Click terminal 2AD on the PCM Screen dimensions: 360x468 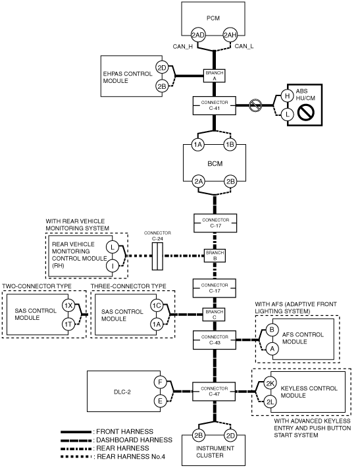pyautogui.click(x=198, y=36)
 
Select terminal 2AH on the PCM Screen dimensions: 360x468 pyautogui.click(x=230, y=36)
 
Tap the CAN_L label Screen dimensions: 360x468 pyautogui.click(x=244, y=46)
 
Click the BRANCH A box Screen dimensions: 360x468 pyautogui.click(x=215, y=76)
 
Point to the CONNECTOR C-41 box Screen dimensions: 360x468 pyautogui.click(x=215, y=105)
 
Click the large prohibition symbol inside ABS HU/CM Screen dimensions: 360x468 pyautogui.click(x=306, y=113)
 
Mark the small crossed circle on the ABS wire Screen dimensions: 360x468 pyautogui.click(x=255, y=105)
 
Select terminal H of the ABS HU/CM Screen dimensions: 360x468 pyautogui.click(x=287, y=96)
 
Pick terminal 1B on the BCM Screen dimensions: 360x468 pyautogui.click(x=230, y=145)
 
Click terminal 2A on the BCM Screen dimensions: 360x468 pyautogui.click(x=199, y=182)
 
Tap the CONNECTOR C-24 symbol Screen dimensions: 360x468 pyautogui.click(x=157, y=256)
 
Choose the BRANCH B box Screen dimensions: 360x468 pyautogui.click(x=215, y=256)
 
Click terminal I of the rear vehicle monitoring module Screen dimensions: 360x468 pyautogui.click(x=113, y=265)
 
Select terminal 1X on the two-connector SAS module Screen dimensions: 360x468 pyautogui.click(x=68, y=305)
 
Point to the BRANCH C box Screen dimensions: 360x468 pyautogui.click(x=215, y=315)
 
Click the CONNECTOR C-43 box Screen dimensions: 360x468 pyautogui.click(x=215, y=340)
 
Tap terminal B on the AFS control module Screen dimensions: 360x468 pyautogui.click(x=272, y=330)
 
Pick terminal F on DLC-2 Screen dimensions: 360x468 pyautogui.click(x=160, y=382)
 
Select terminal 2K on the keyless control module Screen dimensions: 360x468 pyautogui.click(x=270, y=384)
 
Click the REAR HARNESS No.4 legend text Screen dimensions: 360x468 pyautogui.click(x=131, y=457)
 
